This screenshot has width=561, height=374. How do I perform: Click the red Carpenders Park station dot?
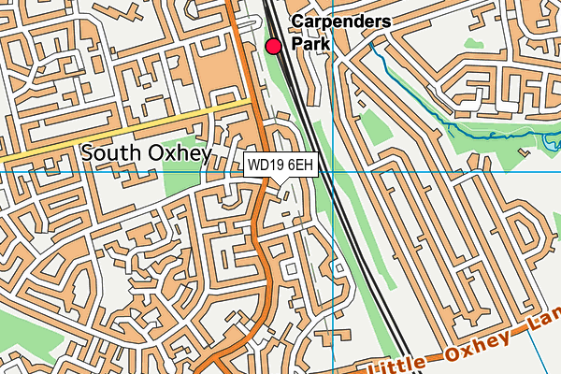[274, 46]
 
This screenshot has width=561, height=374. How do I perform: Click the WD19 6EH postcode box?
[280, 165]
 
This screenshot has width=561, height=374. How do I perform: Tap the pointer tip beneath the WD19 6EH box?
[280, 182]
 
